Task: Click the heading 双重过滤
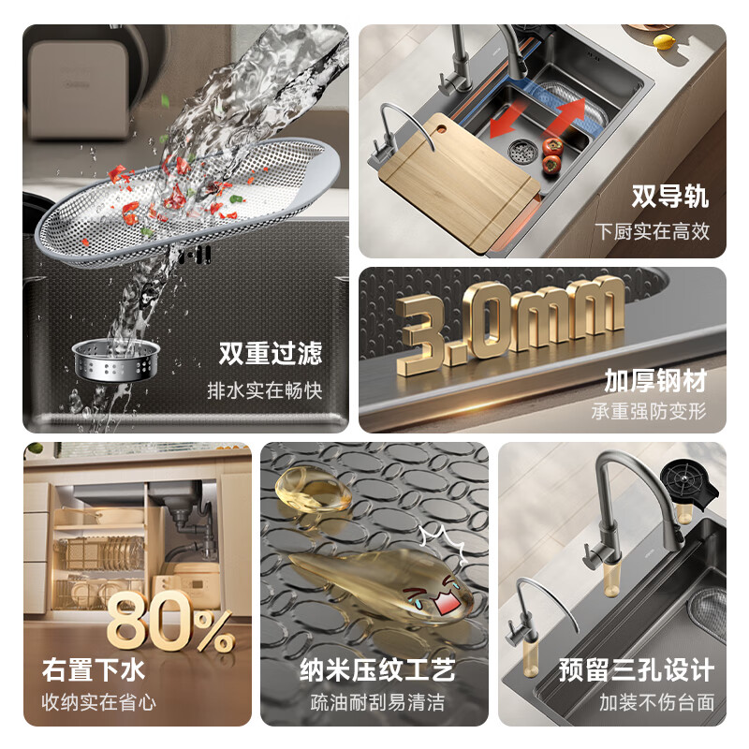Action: pos(271,353)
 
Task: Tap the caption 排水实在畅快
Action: pos(265,390)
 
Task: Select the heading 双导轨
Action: pos(669,197)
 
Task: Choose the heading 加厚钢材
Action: pos(655,380)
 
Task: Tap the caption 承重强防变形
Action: pos(649,411)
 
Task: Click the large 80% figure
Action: pos(169,622)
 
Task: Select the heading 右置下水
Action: pos(93,670)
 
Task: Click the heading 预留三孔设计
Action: pos(637,670)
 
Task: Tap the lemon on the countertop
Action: pos(664,41)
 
